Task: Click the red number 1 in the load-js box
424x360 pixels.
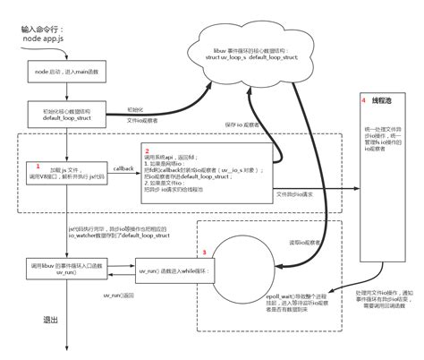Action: click(38, 167)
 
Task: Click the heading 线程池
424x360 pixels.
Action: click(384, 100)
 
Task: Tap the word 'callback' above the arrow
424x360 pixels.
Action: click(123, 167)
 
